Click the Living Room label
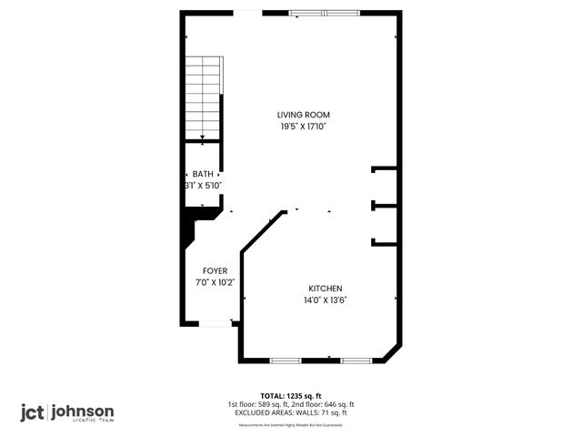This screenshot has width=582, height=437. pyautogui.click(x=303, y=115)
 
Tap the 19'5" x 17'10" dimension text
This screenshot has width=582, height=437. pyautogui.click(x=303, y=127)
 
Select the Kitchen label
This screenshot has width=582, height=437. pyautogui.click(x=325, y=288)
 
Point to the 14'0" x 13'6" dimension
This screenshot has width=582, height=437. pyautogui.click(x=325, y=300)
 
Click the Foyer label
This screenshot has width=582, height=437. pyautogui.click(x=215, y=271)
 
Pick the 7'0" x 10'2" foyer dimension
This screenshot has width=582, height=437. pyautogui.click(x=215, y=282)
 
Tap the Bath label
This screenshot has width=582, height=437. pyautogui.click(x=202, y=174)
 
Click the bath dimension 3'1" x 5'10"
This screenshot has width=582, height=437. pyautogui.click(x=202, y=185)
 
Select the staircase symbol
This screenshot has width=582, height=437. pyautogui.click(x=204, y=96)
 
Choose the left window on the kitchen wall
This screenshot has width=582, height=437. pyautogui.click(x=286, y=361)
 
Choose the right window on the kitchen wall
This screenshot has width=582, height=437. pyautogui.click(x=356, y=361)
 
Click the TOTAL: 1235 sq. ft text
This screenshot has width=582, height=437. pyautogui.click(x=290, y=396)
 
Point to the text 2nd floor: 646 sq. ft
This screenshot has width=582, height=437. pyautogui.click(x=324, y=404)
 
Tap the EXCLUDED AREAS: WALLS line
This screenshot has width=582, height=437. pyautogui.click(x=290, y=412)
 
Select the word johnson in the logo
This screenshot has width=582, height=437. pyautogui.click(x=83, y=411)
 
